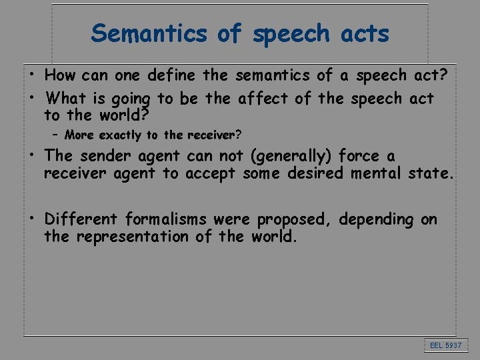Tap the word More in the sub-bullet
pos(79,135)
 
